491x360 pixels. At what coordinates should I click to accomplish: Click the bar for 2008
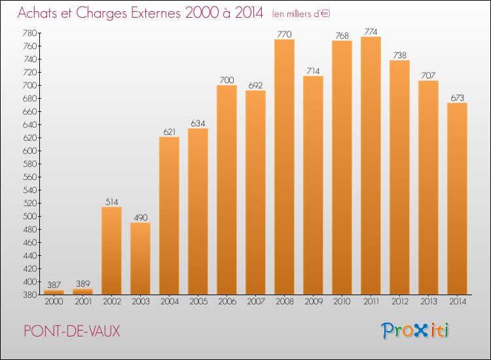(284, 167)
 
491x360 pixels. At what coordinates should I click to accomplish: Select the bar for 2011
(371, 166)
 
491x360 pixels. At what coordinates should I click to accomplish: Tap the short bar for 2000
(54, 293)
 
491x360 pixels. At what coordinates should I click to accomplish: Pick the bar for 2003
(140, 259)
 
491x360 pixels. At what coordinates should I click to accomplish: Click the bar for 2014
(457, 199)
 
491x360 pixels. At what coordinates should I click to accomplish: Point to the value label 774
(371, 31)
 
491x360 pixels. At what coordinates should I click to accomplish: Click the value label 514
(112, 202)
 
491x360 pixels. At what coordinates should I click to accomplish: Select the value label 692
(255, 86)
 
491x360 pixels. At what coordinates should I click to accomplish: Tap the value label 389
(83, 283)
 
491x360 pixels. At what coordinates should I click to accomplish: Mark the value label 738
(399, 55)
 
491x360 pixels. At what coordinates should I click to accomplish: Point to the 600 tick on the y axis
(29, 151)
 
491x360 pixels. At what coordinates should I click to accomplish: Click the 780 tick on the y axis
(29, 33)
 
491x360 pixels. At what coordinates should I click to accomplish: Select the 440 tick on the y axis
(29, 256)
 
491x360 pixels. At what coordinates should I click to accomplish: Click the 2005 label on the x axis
(198, 302)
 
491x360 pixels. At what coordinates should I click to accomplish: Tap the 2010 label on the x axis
(342, 302)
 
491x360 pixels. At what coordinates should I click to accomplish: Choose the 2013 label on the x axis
(428, 302)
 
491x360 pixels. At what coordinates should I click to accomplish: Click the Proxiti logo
(415, 331)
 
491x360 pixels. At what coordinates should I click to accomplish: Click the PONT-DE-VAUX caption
(72, 331)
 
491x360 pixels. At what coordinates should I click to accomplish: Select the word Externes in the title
(156, 13)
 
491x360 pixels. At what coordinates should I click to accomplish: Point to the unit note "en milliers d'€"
(301, 14)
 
